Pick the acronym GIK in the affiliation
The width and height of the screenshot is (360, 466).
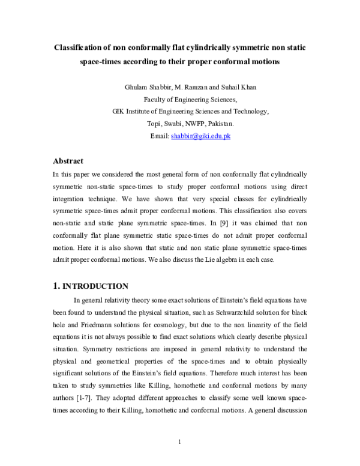click(119, 112)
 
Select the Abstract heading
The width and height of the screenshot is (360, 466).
click(68, 161)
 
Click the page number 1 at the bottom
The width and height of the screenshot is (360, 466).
click(180, 443)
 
